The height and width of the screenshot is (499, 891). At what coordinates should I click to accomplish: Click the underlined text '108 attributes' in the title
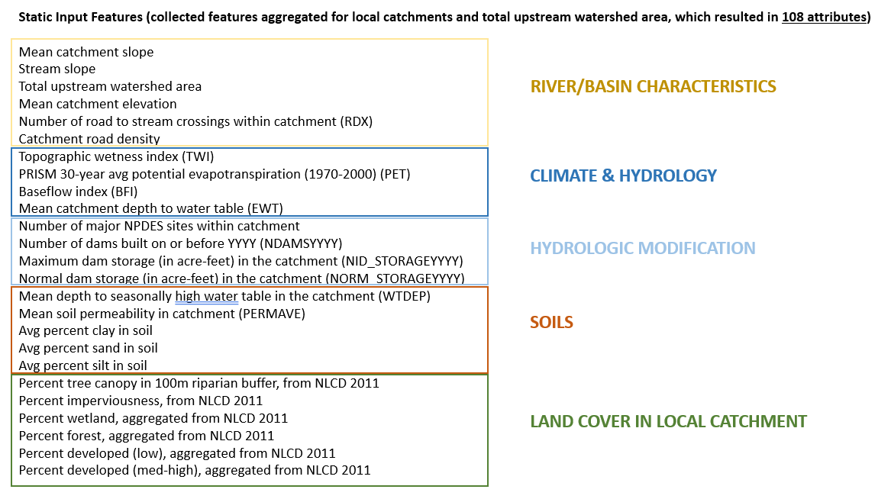click(x=824, y=17)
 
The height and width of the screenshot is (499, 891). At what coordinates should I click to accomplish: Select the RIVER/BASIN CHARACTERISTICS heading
click(x=653, y=86)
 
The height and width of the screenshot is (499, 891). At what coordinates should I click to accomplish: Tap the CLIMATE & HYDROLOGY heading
click(x=623, y=176)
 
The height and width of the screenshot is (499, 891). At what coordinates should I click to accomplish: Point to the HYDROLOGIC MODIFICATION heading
click(x=643, y=248)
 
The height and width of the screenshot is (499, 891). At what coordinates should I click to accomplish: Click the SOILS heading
click(x=551, y=323)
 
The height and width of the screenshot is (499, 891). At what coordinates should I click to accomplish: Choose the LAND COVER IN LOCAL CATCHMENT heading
click(x=668, y=421)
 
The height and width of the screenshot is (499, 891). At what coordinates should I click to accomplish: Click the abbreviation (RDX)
click(x=357, y=121)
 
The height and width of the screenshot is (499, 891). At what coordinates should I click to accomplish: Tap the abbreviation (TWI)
click(x=198, y=156)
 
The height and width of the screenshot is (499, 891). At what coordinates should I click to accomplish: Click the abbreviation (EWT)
click(x=266, y=209)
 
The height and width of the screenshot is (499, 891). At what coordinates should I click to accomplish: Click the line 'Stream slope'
click(x=56, y=69)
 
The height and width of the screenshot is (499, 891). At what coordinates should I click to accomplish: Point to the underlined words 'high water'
click(x=206, y=296)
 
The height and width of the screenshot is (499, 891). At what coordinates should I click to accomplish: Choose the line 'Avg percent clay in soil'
click(x=86, y=331)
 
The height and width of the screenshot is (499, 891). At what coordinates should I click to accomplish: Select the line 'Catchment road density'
click(x=89, y=139)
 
